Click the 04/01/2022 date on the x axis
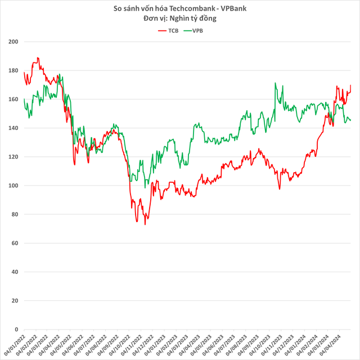pos(17,344)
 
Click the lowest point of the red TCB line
pos(145,224)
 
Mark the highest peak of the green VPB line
pos(275,83)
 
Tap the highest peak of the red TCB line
pos(38,57)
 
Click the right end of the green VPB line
pos(350,120)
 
